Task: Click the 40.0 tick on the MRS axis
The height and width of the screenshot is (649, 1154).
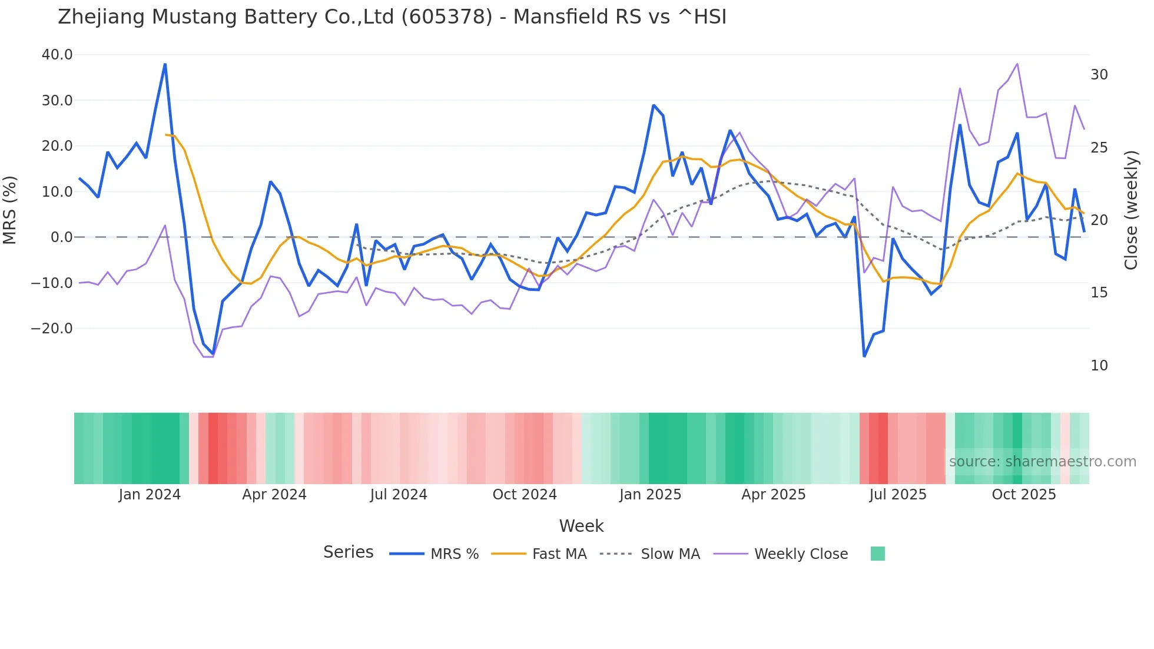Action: click(x=57, y=55)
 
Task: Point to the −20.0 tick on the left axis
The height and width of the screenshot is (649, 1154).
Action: click(x=52, y=329)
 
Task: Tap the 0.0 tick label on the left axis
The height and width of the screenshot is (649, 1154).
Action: click(x=61, y=237)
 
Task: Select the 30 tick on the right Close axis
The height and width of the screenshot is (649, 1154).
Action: click(x=1099, y=75)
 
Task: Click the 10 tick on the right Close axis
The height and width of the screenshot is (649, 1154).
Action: click(x=1099, y=366)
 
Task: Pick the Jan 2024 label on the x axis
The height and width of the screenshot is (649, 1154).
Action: click(x=150, y=495)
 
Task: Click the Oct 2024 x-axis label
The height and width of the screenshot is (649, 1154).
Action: click(x=525, y=495)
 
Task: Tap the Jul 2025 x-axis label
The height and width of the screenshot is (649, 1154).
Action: click(x=898, y=495)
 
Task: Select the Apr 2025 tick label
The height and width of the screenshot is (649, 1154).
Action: click(x=773, y=495)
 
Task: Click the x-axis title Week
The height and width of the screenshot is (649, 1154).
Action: click(x=581, y=526)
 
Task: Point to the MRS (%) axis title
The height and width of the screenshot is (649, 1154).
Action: click(x=10, y=210)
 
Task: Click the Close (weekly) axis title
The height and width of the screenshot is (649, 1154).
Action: click(x=1131, y=210)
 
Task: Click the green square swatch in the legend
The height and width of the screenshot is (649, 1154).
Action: click(x=877, y=554)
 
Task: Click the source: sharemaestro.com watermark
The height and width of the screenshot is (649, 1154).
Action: click(x=1042, y=462)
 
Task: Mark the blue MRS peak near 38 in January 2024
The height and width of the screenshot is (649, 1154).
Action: click(x=165, y=64)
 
